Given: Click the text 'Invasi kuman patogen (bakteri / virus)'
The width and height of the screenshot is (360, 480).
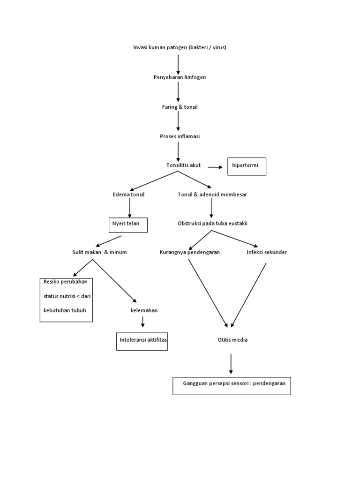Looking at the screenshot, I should click(x=180, y=47).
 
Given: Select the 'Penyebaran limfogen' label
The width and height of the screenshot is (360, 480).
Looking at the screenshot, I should click(x=180, y=77).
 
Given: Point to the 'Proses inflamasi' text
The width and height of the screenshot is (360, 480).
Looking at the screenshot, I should click(x=180, y=136).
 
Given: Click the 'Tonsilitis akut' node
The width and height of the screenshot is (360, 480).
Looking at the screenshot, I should click(x=183, y=165).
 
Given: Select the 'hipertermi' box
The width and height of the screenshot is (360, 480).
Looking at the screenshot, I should click(x=247, y=166).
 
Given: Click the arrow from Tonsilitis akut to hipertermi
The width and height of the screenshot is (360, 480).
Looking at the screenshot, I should click(x=215, y=167).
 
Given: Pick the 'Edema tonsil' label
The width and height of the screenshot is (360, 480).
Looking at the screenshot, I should click(x=128, y=194).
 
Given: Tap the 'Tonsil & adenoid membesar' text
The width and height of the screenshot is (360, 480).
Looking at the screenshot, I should click(x=212, y=194).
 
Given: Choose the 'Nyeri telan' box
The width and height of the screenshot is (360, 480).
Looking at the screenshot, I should click(x=127, y=225).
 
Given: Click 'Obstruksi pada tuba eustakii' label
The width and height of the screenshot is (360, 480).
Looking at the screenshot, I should click(x=212, y=223).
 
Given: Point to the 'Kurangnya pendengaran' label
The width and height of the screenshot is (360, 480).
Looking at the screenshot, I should click(x=190, y=252).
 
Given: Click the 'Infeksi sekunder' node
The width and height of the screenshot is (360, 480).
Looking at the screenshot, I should click(x=267, y=252).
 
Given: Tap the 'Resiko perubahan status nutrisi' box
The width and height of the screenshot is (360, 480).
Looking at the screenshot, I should click(x=66, y=300).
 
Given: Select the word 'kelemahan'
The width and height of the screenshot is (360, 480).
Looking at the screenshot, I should click(x=144, y=310).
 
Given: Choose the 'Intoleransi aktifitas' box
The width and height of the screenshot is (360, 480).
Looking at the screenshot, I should click(x=142, y=341).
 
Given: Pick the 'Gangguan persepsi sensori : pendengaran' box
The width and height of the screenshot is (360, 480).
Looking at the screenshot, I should click(x=232, y=385).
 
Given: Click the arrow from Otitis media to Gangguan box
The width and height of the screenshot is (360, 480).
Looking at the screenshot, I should click(x=231, y=364).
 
